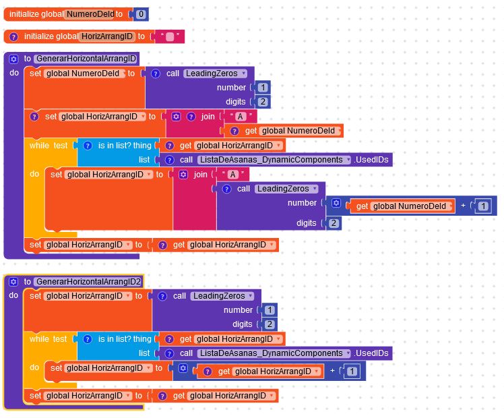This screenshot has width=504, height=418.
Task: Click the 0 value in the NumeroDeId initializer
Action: [x=141, y=14]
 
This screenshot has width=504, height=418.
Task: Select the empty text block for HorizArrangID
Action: [x=170, y=36]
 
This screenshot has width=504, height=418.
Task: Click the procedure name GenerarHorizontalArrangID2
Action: [x=88, y=282]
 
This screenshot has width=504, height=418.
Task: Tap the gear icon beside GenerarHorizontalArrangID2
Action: [x=13, y=282]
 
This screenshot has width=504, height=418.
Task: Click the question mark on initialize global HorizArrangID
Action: [x=13, y=36]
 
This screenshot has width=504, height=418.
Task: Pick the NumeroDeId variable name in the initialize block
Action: [x=90, y=14]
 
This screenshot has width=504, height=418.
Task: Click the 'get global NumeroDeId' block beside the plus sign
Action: [x=401, y=206]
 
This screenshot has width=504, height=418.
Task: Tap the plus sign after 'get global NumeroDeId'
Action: [x=463, y=206]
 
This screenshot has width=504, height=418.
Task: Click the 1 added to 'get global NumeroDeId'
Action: [x=483, y=206]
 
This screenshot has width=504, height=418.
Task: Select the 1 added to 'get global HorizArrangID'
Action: [x=352, y=371]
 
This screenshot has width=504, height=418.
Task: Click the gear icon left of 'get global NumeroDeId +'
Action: [x=336, y=203]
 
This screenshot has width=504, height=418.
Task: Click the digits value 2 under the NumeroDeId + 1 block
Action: [x=334, y=223]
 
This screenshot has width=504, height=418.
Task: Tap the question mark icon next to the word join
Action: [x=191, y=117]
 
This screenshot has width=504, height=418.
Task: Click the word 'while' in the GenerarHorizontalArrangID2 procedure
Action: [x=39, y=339]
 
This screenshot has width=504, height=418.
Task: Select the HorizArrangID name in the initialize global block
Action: [x=107, y=36]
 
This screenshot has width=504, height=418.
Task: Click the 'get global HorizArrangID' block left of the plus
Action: [x=261, y=371]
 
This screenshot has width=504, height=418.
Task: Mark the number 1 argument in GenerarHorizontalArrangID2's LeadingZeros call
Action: [x=270, y=310]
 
